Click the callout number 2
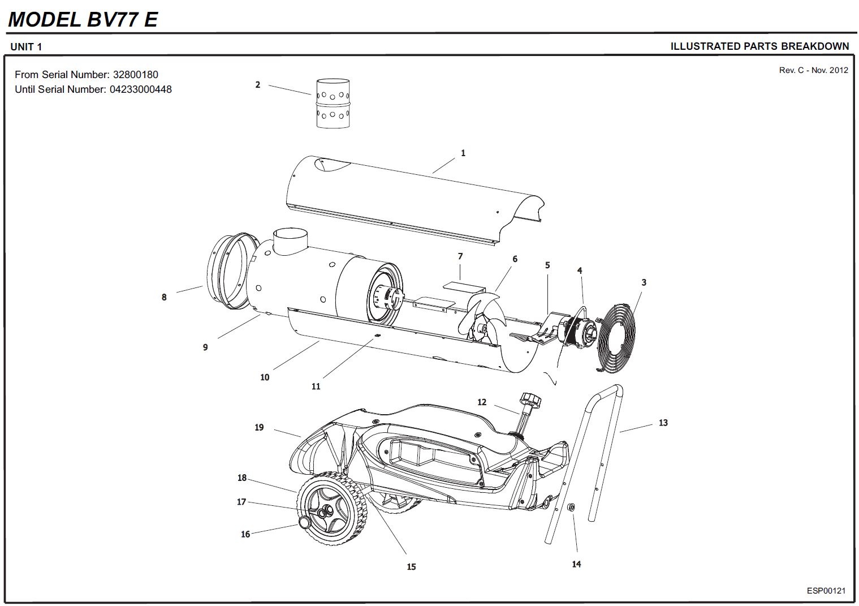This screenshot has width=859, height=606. (258, 85)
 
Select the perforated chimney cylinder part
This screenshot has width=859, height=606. (333, 103)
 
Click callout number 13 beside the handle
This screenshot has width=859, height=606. (663, 423)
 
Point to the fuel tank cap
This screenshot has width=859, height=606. (530, 400)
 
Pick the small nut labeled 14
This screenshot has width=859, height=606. (571, 507)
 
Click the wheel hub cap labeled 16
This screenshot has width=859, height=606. (305, 522)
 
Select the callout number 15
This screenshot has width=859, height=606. (411, 566)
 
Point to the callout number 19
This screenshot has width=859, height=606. (259, 427)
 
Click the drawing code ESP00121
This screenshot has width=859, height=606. (826, 591)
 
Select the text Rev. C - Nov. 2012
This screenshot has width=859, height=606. (813, 70)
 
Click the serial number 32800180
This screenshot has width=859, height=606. (136, 75)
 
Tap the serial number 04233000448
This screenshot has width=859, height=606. (140, 89)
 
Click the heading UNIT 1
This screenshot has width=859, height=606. (26, 47)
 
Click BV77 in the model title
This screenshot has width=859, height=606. (113, 19)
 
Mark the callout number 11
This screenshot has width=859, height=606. (316, 386)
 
